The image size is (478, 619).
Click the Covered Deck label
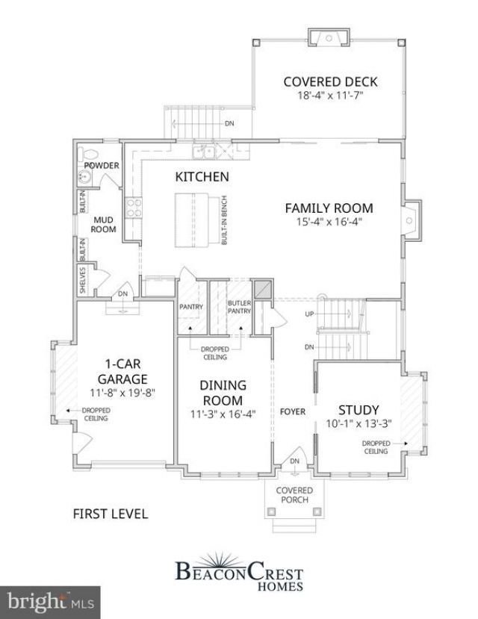click(330, 81)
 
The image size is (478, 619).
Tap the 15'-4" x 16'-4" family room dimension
click(329, 222)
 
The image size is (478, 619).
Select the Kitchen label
click(202, 176)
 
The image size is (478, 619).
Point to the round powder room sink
click(84, 177)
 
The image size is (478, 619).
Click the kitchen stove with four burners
click(134, 208)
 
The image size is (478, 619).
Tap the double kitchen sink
click(204, 151)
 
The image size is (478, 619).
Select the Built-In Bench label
click(224, 220)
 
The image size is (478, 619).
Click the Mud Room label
click(103, 225)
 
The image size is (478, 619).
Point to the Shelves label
click(82, 280)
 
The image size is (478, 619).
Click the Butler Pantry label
click(239, 307)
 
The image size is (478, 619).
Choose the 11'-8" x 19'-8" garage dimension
click(122, 393)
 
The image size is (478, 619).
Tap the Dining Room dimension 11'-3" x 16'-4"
click(223, 414)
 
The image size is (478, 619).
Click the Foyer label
click(293, 411)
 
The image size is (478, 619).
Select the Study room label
click(358, 410)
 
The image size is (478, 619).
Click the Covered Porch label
click(294, 495)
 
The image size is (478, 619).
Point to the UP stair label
click(309, 314)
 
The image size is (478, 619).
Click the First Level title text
click(111, 514)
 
